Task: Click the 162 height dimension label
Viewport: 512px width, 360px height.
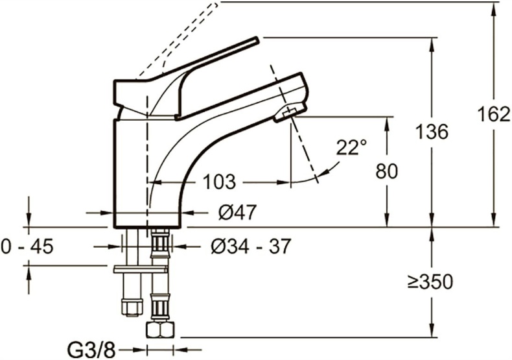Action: [x=494, y=115]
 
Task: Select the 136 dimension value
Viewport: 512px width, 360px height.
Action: [x=432, y=132]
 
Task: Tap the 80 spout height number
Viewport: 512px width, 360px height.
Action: [x=387, y=171]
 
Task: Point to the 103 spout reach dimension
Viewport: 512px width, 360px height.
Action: [x=215, y=182]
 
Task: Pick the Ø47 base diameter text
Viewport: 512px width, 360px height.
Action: [x=237, y=211]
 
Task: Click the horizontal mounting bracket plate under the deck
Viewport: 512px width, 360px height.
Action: [x=140, y=267]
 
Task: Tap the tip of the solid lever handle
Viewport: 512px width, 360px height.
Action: [x=257, y=40]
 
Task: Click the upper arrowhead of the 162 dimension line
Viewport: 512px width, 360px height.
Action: [x=494, y=8]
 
